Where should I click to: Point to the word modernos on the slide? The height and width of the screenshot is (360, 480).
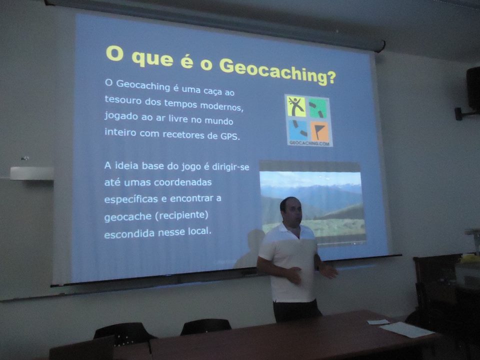pos(222,106)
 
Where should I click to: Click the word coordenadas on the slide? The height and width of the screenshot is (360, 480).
pos(183,182)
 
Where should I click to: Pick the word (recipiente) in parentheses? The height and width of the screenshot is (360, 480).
pos(181,215)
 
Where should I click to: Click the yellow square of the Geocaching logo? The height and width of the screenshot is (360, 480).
pos(296,106)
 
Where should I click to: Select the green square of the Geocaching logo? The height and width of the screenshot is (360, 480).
pos(318,108)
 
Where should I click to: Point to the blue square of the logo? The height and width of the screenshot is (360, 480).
pos(297,129)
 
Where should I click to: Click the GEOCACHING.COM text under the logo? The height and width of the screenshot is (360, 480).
pos(309,143)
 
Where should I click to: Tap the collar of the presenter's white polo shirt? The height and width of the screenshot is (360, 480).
pos(291,231)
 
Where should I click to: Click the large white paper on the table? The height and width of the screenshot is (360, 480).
pos(406,330)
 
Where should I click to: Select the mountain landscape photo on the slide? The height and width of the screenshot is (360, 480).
pos(312,203)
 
